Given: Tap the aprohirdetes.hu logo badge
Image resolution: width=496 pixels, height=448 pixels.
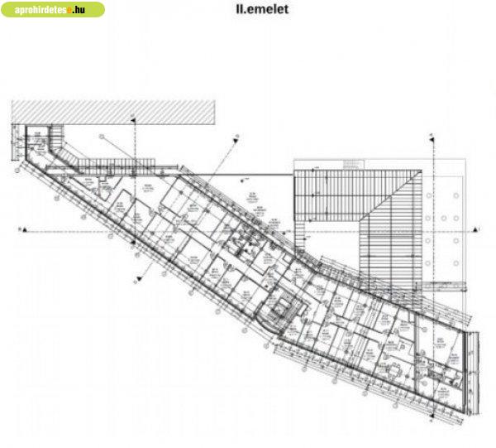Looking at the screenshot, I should [x=54, y=11].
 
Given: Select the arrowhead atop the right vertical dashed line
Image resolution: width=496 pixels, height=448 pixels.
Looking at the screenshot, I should [x=432, y=135].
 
